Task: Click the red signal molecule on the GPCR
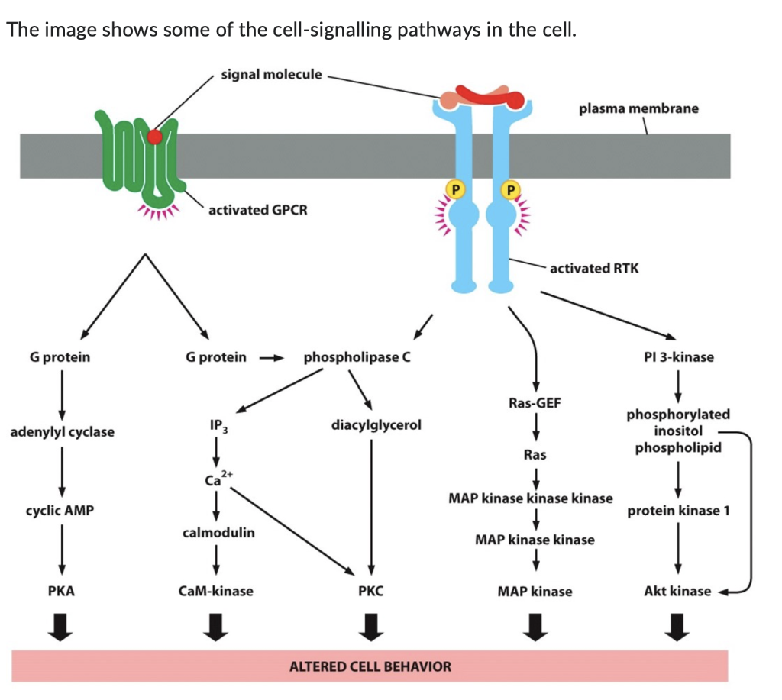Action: point(155,137)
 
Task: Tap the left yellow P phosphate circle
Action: point(454,188)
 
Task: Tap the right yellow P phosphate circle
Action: point(511,188)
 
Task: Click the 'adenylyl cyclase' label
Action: point(62,432)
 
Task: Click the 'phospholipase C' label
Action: point(357,357)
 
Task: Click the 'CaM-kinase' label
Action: point(216,591)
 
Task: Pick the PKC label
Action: point(371,591)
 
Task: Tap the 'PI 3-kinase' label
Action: point(678,357)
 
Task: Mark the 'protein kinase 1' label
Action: point(678,511)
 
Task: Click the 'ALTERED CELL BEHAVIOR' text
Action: point(370,666)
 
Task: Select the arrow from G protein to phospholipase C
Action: point(272,357)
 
